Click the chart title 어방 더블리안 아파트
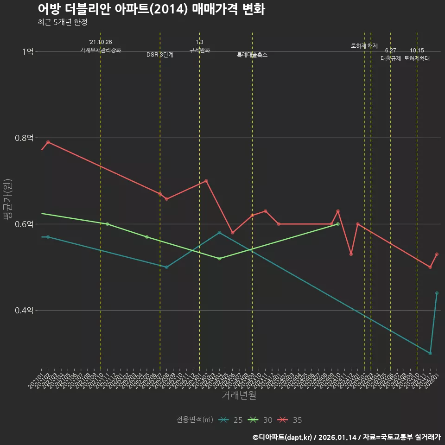(x=151, y=9)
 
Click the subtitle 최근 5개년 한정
(x=62, y=22)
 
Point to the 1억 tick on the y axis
(x=27, y=51)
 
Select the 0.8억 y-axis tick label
(x=24, y=138)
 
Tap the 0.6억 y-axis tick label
(x=24, y=224)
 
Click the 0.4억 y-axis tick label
(x=24, y=310)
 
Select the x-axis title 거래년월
(x=239, y=395)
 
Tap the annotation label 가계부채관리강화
(x=101, y=50)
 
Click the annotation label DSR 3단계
(x=160, y=55)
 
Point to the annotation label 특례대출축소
(x=252, y=55)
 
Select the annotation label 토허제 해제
(x=364, y=46)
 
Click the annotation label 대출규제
(x=390, y=58)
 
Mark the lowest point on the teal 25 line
(x=430, y=353)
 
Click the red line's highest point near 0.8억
(x=48, y=142)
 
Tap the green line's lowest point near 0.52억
(x=219, y=258)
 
